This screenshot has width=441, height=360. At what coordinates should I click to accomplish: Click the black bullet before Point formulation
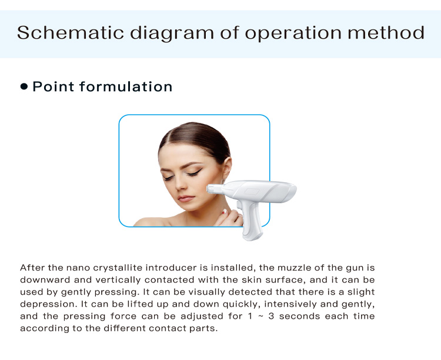24,86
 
